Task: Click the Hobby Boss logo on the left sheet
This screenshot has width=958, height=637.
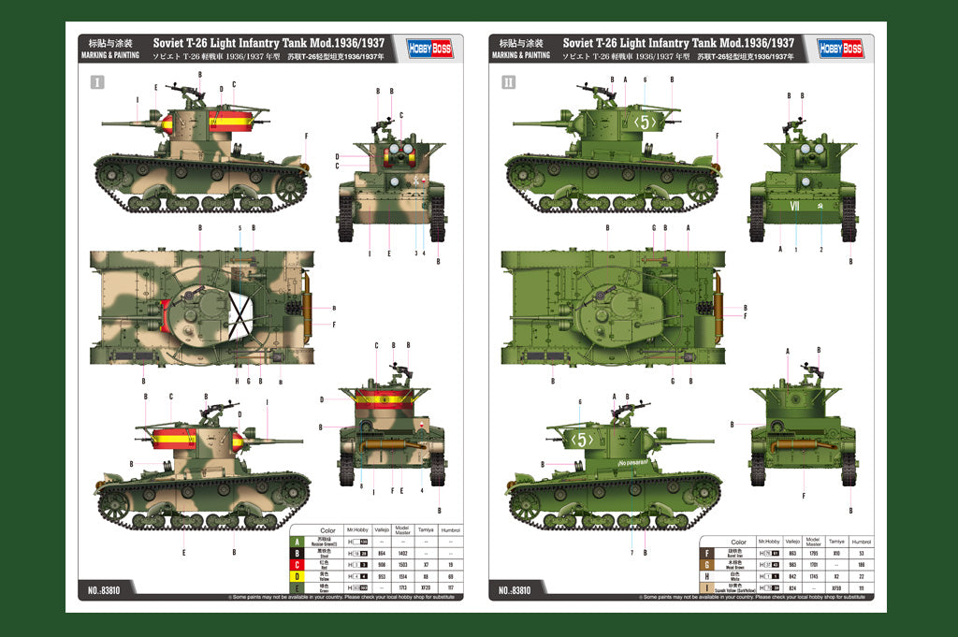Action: tap(429, 49)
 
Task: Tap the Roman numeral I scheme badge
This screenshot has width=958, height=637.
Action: tap(97, 82)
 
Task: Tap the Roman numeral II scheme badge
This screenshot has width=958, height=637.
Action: tap(508, 82)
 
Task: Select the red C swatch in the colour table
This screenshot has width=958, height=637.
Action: tap(298, 565)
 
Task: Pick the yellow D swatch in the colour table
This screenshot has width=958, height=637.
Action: tap(298, 576)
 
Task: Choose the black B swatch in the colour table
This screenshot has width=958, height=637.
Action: tap(298, 554)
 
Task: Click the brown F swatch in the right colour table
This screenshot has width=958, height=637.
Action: tap(708, 554)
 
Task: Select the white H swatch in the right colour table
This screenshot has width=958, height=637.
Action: tap(708, 576)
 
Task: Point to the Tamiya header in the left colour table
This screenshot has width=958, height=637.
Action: tap(426, 530)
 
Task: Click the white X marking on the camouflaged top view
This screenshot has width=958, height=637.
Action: tap(242, 309)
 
